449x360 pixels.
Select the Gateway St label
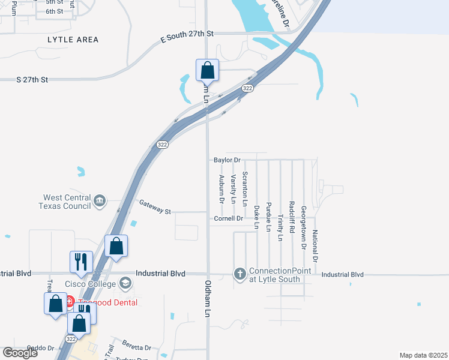[x=155, y=208]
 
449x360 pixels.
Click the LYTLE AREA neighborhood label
[x=73, y=40]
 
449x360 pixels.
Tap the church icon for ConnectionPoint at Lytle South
[x=240, y=274]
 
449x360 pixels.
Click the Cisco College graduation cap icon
[x=125, y=283]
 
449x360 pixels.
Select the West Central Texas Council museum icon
[x=100, y=200]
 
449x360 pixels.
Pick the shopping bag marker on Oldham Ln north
[x=207, y=70]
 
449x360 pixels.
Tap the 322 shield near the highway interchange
[x=247, y=88]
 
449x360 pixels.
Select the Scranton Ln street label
[x=244, y=188]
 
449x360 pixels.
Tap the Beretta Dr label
[x=139, y=347]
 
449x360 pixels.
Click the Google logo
[x=20, y=353]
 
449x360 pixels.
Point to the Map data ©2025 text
[x=423, y=355]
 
